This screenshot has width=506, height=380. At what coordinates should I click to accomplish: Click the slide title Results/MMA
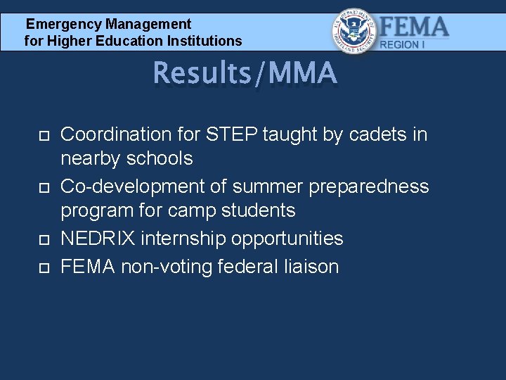(x=245, y=73)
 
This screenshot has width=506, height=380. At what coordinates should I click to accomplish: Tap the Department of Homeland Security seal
(x=355, y=32)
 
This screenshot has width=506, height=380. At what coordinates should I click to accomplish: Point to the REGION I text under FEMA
(x=402, y=44)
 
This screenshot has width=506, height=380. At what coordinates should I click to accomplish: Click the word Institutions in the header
(x=205, y=41)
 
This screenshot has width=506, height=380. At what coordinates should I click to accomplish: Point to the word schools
(x=160, y=158)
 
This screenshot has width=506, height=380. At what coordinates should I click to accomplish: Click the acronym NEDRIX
(x=98, y=239)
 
